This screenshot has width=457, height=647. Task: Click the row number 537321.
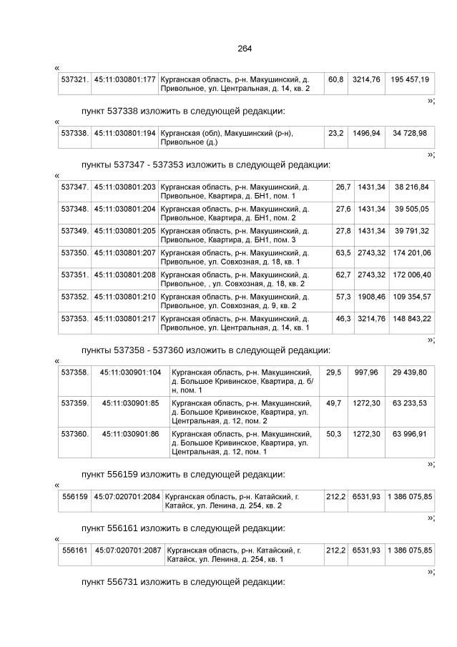pos(74,79)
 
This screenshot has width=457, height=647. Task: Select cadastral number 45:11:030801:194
pos(125,133)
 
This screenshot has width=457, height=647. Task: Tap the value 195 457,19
pos(411,79)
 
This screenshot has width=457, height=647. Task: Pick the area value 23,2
pos(336,133)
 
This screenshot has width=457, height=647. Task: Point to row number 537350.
pos(74,253)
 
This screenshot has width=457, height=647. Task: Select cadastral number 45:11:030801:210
pos(125,296)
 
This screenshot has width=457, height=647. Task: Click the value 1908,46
pos(371,296)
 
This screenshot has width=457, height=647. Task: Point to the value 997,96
pos(366,372)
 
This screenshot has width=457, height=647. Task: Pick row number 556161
pos(75,550)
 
